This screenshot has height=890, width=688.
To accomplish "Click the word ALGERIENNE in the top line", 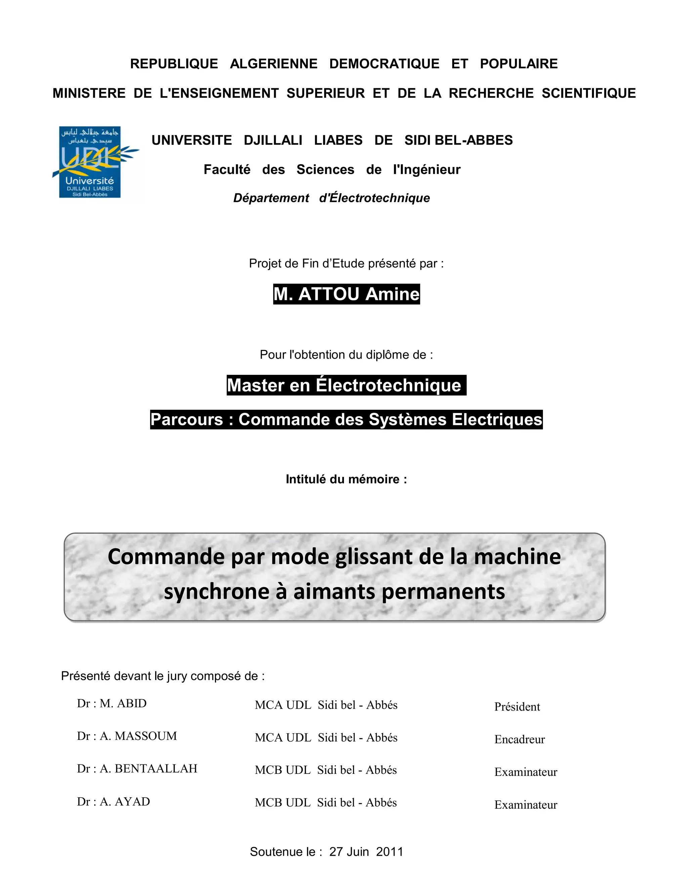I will click(x=273, y=63).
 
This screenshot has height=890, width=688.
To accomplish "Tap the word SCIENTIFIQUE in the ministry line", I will click(x=588, y=93).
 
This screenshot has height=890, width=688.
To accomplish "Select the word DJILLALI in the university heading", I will click(x=273, y=140).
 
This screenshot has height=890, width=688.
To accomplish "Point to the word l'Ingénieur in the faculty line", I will click(x=426, y=170).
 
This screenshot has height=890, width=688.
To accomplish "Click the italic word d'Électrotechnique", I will click(x=374, y=198).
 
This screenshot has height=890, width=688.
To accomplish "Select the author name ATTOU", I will click(x=329, y=294).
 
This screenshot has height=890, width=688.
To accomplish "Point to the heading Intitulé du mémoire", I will click(x=346, y=479).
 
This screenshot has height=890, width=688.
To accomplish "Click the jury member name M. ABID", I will click(x=123, y=703).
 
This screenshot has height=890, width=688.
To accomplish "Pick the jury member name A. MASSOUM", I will click(x=138, y=736).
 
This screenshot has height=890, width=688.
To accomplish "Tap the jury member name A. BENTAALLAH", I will click(x=148, y=768).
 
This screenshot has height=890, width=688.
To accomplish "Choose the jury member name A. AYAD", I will click(x=125, y=802).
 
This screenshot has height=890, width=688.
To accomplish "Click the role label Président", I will click(x=517, y=707).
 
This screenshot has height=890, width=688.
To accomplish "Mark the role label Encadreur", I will click(x=519, y=740).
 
